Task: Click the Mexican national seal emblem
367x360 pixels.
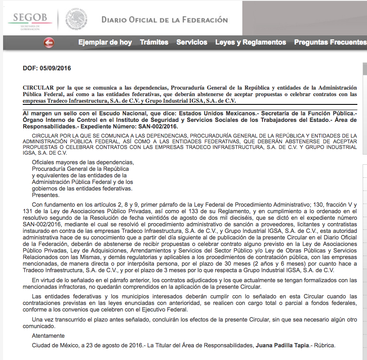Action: tap(76, 20)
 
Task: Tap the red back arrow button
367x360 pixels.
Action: tap(49, 42)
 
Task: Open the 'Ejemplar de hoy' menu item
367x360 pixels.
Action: tap(105, 42)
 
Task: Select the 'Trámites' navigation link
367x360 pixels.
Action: tap(154, 42)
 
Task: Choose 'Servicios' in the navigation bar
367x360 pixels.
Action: tap(192, 42)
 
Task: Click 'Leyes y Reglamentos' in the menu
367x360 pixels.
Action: tap(251, 42)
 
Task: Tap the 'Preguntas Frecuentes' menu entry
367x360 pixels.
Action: tap(330, 42)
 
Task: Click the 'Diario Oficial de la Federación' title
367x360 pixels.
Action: tap(164, 20)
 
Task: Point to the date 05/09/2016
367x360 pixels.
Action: tap(55, 68)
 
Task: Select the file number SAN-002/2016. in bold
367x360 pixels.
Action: tap(158, 126)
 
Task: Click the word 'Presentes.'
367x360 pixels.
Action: tap(45, 195)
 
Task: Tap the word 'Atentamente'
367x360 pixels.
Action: tap(48, 336)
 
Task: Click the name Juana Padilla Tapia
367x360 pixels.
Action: tap(282, 345)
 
